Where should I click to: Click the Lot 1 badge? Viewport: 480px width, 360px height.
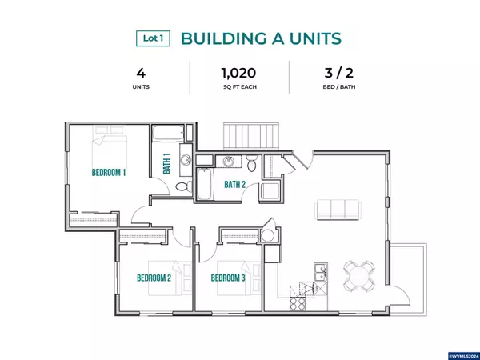(x=153, y=38)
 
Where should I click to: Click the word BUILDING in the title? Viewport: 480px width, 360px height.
(x=223, y=38)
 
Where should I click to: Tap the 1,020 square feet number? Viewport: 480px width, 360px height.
(x=239, y=73)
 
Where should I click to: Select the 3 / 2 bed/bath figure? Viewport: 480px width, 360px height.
(x=339, y=73)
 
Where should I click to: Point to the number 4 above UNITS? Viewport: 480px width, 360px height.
(x=141, y=73)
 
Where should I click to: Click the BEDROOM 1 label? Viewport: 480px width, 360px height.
(x=109, y=173)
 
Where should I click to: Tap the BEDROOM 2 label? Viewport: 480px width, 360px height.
(x=154, y=278)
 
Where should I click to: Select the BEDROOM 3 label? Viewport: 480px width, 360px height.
(x=228, y=278)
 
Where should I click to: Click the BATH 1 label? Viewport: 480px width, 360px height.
(x=167, y=163)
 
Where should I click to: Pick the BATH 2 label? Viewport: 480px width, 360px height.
(x=234, y=185)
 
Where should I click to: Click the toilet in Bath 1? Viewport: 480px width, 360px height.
(x=184, y=186)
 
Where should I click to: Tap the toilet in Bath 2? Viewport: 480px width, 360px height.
(x=252, y=163)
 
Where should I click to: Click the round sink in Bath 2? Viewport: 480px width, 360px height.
(x=228, y=161)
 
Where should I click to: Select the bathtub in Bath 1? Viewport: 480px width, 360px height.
(x=168, y=133)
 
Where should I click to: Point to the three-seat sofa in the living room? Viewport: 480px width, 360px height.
(x=338, y=210)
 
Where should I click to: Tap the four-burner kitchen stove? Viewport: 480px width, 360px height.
(x=298, y=304)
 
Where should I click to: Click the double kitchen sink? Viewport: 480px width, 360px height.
(x=321, y=272)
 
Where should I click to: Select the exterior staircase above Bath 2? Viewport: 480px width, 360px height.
(x=251, y=136)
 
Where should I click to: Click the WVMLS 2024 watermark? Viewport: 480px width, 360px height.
(x=464, y=356)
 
